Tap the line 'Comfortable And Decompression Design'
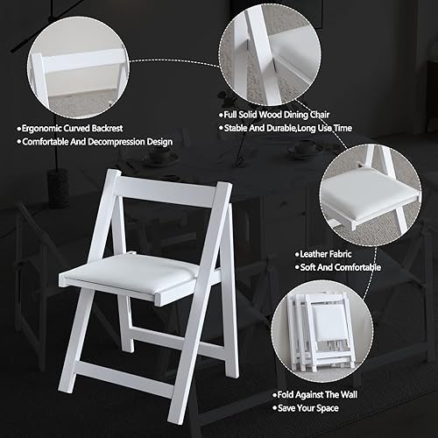[x=96, y=141]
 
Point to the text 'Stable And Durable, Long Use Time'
[x=286, y=128]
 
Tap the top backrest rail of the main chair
[x=171, y=190]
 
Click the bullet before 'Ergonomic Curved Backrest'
[x=18, y=127]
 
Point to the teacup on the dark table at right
[x=305, y=149]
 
